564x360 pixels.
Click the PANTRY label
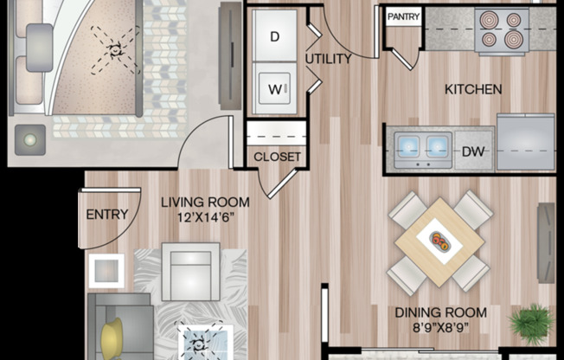pyautogui.click(x=403, y=16)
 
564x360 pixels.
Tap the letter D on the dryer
pyautogui.click(x=275, y=36)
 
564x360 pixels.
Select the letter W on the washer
pyautogui.click(x=275, y=88)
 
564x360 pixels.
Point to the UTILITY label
pyautogui.click(x=329, y=60)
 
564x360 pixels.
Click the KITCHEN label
pyautogui.click(x=473, y=88)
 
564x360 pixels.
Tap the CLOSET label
pyautogui.click(x=277, y=157)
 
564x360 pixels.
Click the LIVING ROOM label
pyautogui.click(x=206, y=202)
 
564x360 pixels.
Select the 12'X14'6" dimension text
pyautogui.click(x=206, y=216)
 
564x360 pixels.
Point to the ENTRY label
pyautogui.click(x=107, y=215)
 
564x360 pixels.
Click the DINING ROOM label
pyautogui.click(x=441, y=312)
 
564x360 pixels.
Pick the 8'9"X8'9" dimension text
pyautogui.click(x=441, y=328)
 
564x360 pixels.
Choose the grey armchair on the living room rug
pyautogui.click(x=190, y=270)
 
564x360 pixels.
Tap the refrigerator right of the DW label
pyautogui.click(x=525, y=143)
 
